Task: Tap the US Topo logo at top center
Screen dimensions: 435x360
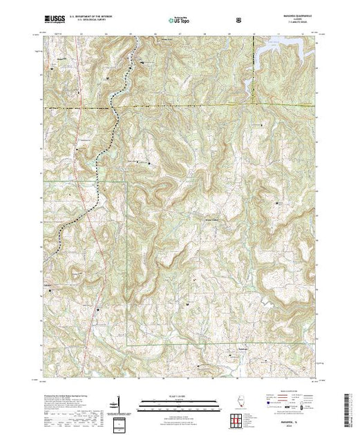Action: [x=180, y=21]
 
